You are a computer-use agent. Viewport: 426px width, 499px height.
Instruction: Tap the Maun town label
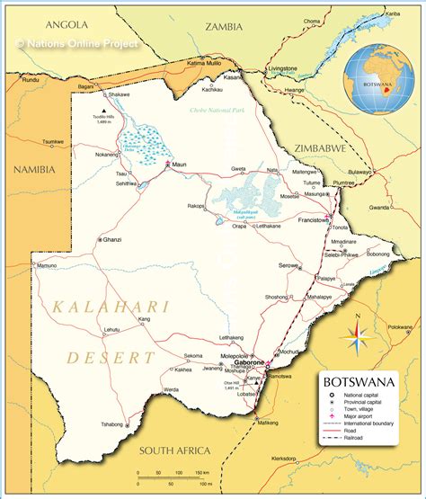[180, 165]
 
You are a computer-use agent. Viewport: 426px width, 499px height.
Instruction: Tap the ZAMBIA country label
[224, 27]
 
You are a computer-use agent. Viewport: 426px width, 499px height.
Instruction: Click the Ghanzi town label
[111, 239]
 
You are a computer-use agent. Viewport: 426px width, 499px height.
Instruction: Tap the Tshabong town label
[112, 423]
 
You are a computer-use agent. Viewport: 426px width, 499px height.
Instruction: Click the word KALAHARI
[111, 307]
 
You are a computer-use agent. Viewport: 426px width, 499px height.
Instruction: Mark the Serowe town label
[288, 265]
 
